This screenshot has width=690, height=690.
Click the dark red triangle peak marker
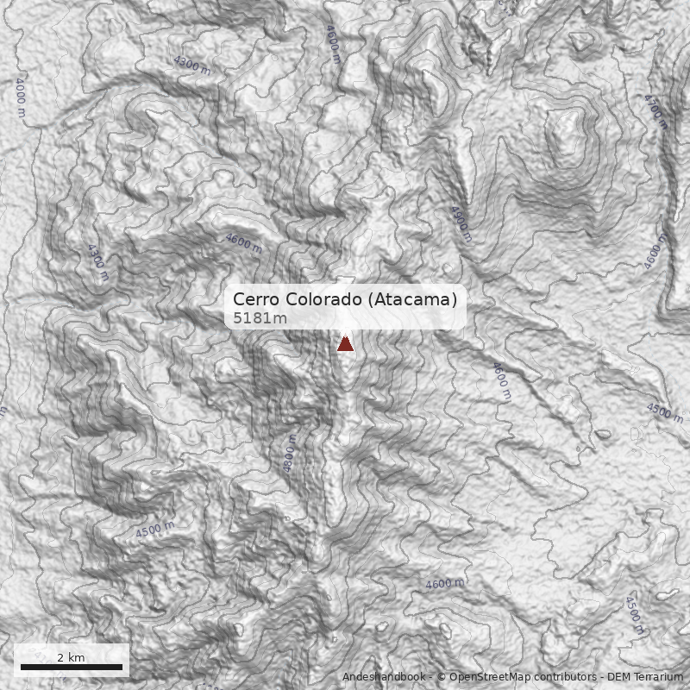[345, 343]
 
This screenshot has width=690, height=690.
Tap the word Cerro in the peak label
[256, 299]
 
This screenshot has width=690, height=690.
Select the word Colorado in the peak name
[322, 299]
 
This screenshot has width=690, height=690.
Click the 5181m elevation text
[260, 318]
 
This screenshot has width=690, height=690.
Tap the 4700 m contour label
[655, 111]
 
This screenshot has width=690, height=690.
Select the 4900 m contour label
[461, 223]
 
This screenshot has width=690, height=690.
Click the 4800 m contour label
[290, 453]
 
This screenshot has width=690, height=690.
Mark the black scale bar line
[72, 668]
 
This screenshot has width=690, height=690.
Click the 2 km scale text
[71, 657]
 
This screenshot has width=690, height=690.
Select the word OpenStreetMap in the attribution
[485, 677]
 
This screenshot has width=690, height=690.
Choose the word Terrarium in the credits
[658, 677]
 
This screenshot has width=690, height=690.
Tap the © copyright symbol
[441, 677]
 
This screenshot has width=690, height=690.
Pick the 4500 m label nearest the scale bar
[155, 530]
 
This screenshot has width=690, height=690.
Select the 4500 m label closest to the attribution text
[634, 615]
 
